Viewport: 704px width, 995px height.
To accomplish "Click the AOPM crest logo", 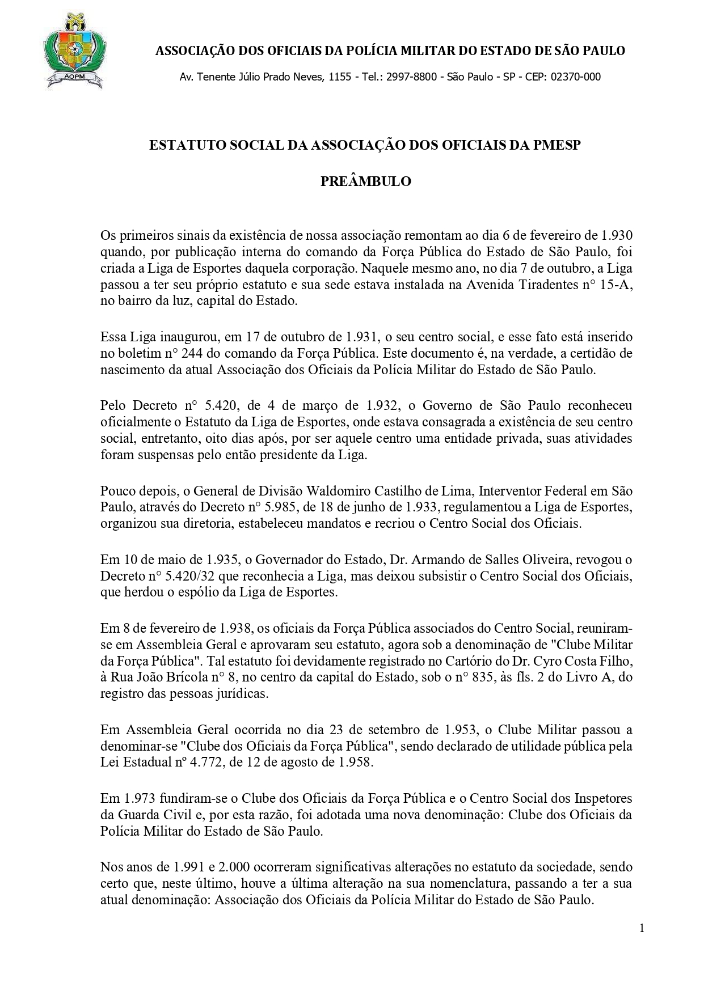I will coord(73,52).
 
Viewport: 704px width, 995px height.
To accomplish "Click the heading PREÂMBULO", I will coord(365,181).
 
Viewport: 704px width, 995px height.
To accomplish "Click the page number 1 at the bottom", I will coord(642,928).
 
